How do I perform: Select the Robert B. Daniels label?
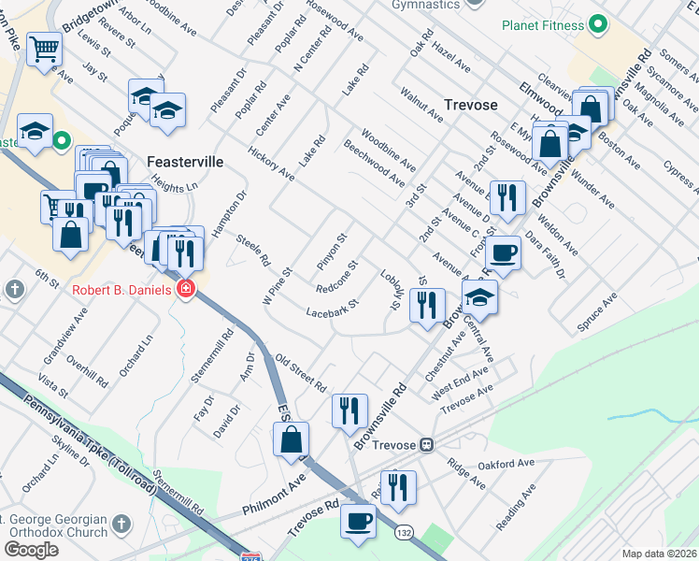(121, 290)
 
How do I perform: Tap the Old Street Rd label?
(301, 373)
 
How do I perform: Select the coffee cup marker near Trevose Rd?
(358, 521)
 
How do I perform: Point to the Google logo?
(31, 549)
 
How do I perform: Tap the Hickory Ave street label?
(271, 164)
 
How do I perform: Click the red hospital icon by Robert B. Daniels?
(186, 289)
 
